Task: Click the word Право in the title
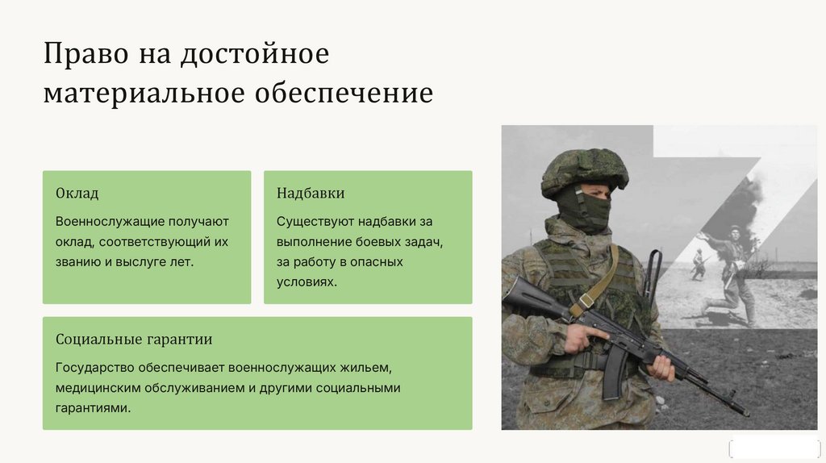pos(86,54)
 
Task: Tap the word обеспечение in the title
pos(344,94)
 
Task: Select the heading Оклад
pos(77,194)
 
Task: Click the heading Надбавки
pos(311,194)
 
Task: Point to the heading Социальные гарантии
pos(134,340)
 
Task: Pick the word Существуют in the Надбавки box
pos(314,222)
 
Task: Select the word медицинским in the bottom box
pos(98,388)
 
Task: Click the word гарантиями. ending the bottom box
pos(93,408)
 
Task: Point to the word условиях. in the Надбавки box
pos(307,282)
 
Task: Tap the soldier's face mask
pos(585,207)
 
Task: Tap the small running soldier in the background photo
pos(698,265)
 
